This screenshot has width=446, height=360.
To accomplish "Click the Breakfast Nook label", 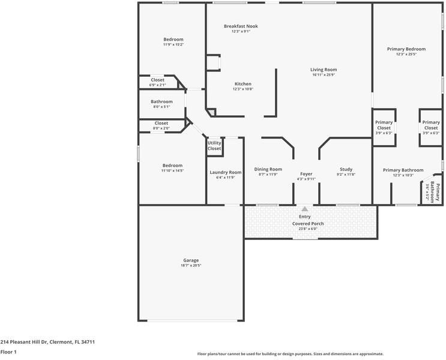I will [241, 26].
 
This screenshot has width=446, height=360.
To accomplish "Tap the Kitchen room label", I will [243, 84].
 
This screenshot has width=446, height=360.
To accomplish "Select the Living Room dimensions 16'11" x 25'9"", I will [324, 75].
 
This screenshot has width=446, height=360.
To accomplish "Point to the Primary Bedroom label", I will [406, 49].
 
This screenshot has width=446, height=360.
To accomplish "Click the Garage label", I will [191, 260].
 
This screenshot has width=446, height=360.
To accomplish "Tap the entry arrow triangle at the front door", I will [304, 209].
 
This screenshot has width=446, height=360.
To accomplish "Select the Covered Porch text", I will [308, 224].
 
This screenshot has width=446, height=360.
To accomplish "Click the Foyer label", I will [306, 174].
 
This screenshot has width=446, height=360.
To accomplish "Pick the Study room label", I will [346, 169].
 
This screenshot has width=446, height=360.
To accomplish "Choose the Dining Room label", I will [268, 169].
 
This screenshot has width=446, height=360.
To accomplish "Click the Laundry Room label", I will [225, 173].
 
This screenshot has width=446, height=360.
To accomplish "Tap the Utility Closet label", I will [214, 145].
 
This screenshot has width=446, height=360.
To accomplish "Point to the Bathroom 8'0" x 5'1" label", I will [161, 102].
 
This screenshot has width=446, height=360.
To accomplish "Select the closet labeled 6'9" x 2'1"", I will [157, 85].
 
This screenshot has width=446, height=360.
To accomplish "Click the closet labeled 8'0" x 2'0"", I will [161, 128].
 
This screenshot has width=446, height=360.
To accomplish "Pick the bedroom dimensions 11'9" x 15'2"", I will [173, 44].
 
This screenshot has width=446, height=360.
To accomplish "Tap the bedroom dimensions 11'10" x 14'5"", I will [172, 170].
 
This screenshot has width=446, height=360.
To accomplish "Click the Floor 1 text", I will [8, 352].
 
